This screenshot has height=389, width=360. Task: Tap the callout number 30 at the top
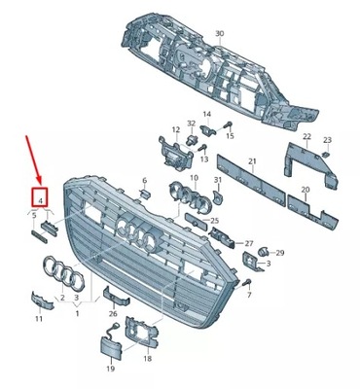pos(219,34)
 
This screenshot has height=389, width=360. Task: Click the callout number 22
pos(307,138)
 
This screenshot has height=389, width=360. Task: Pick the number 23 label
pos(327,141)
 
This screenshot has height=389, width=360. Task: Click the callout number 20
pos(306,190)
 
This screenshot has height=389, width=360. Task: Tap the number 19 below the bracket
pos(110,370)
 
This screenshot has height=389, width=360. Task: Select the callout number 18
pos(147,359)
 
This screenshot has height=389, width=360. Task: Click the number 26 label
pos(113,314)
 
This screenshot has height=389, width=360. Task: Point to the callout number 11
pos(39,318)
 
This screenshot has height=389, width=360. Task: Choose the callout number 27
pos(248,242)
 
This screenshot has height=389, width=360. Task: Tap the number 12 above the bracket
pos(175,129)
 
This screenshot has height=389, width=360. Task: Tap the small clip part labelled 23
pos(328,154)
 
